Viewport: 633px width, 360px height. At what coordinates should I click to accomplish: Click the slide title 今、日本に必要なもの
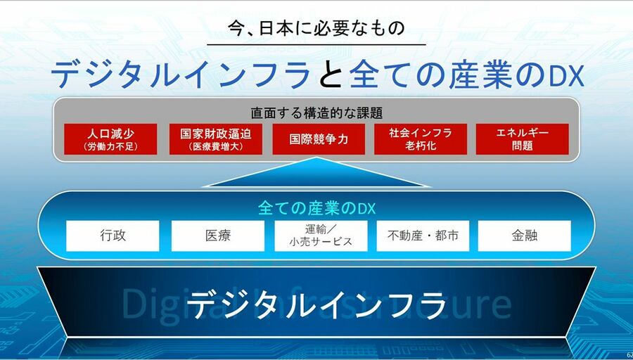coord(316,29)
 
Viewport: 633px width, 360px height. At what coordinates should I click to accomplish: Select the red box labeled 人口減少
coord(110,139)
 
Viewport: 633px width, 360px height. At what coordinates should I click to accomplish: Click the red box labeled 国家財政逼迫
coord(216,139)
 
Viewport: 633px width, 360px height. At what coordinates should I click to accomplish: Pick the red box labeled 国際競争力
coord(319,139)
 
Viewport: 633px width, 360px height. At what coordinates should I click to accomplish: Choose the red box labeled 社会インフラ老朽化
coord(421,139)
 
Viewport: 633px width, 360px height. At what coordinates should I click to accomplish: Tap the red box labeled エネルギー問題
coord(523,139)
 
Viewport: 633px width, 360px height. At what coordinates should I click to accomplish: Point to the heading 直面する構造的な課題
coord(316,113)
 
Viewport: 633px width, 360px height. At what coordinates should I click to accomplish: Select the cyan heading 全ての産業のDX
coord(317,208)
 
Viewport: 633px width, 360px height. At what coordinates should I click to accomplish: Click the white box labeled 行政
coord(113,236)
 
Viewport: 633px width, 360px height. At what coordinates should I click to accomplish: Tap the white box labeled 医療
coord(218,236)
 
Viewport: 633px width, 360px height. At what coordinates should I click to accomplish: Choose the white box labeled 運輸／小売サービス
coord(321,236)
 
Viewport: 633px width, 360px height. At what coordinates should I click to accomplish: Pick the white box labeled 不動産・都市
coord(423,236)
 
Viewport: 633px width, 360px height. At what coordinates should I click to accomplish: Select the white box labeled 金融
coord(525,236)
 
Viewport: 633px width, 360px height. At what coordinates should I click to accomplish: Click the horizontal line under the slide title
coord(316,44)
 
